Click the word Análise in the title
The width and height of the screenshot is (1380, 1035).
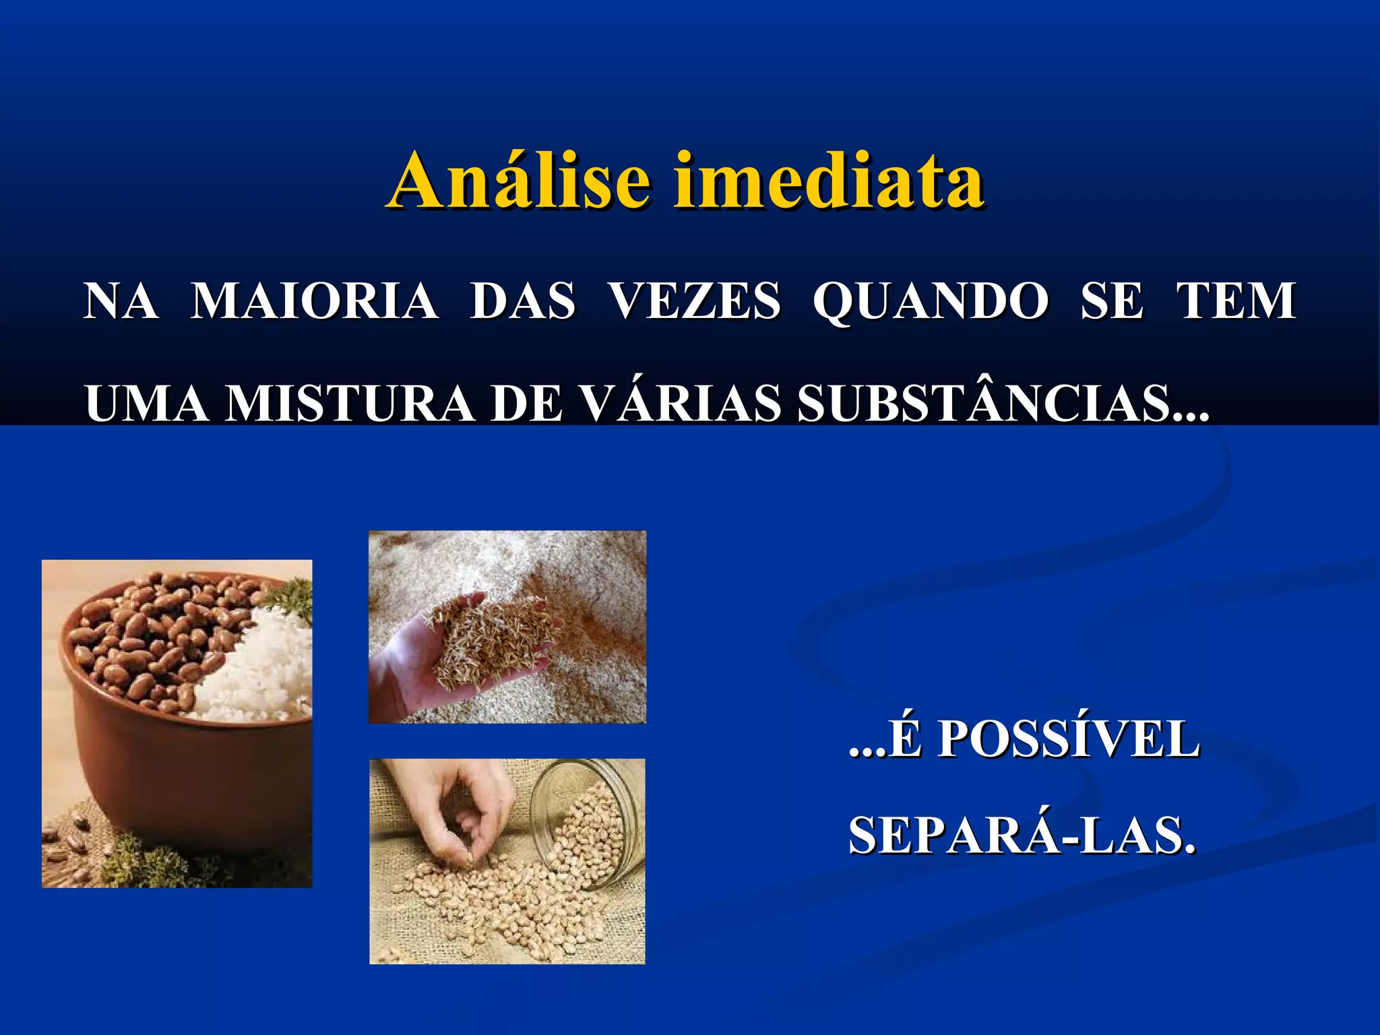point(520,181)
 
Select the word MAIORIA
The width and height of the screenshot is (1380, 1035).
point(314,301)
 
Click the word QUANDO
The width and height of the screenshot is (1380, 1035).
point(931,302)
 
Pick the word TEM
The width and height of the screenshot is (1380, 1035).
point(1236,301)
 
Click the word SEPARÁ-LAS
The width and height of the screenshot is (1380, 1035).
point(1022,836)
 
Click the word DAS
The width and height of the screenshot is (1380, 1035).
point(523,301)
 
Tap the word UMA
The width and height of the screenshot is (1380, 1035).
point(147,404)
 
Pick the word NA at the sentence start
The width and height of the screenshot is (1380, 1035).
point(121,301)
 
